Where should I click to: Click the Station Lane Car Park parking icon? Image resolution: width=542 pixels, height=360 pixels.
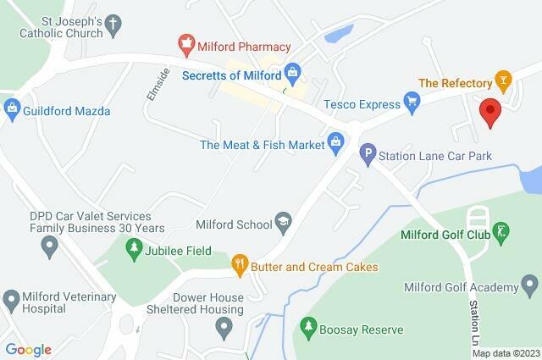pyautogui.click(x=368, y=155)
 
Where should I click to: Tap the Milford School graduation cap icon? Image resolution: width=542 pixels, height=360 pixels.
pyautogui.click(x=284, y=224)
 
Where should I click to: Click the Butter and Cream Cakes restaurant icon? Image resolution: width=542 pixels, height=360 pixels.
pyautogui.click(x=240, y=266)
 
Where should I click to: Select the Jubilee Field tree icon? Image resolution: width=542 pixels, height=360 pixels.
pyautogui.click(x=132, y=247)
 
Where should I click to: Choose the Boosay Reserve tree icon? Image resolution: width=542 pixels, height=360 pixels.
pyautogui.click(x=308, y=326)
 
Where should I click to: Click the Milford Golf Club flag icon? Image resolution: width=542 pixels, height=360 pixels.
pyautogui.click(x=502, y=231)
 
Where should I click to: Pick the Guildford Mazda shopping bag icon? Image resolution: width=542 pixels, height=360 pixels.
pyautogui.click(x=12, y=108)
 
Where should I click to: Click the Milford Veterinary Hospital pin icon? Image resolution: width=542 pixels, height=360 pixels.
pyautogui.click(x=12, y=300)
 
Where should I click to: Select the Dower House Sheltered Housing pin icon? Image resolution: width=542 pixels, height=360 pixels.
pyautogui.click(x=224, y=326)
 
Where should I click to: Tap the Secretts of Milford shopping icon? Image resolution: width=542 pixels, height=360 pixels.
pyautogui.click(x=292, y=70)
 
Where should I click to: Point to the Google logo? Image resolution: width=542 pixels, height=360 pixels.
pyautogui.click(x=28, y=349)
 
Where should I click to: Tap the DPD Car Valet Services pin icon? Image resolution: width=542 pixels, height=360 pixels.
pyautogui.click(x=49, y=246)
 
